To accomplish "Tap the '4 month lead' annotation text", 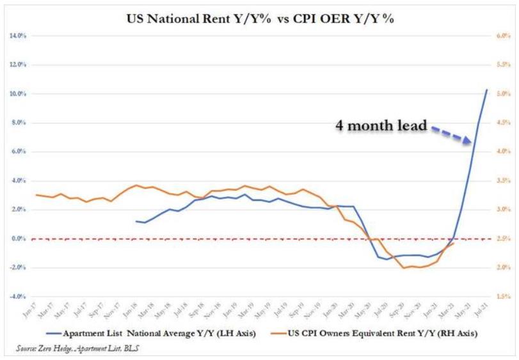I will pos(381,125).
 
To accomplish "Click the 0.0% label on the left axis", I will pos(19,239).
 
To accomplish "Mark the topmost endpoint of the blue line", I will pos(486,90).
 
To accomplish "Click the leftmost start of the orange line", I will pos(37,194).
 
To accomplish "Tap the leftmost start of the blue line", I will pos(137,221).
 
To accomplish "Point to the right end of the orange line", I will pos(454,243).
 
